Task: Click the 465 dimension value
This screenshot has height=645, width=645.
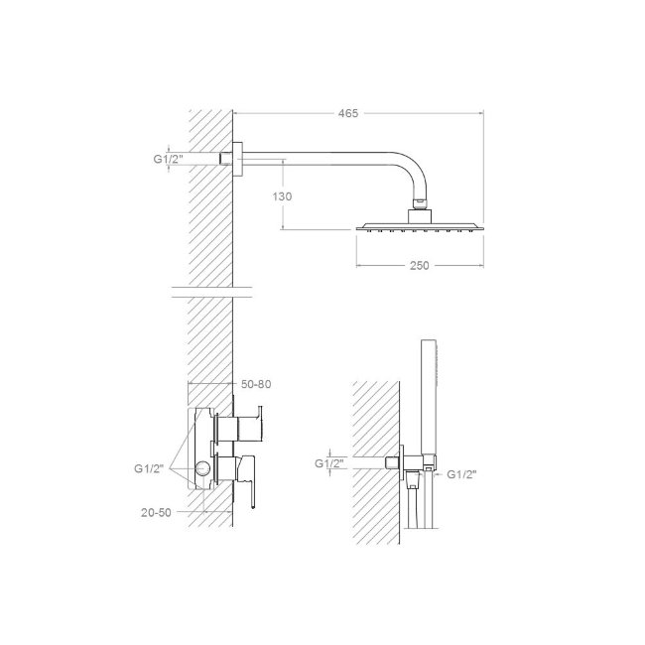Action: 348,113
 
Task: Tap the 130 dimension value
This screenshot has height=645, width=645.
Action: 282,196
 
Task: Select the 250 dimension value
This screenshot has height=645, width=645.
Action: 419,266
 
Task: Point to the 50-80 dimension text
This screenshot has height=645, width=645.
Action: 256,384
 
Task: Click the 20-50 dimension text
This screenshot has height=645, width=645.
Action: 156,513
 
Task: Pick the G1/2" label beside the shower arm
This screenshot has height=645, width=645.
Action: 168,159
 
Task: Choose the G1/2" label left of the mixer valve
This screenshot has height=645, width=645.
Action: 149,468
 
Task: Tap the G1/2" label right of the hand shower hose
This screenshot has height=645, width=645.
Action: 461,474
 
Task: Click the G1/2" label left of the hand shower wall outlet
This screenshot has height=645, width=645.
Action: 329,463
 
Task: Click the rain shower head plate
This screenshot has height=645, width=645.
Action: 420,226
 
